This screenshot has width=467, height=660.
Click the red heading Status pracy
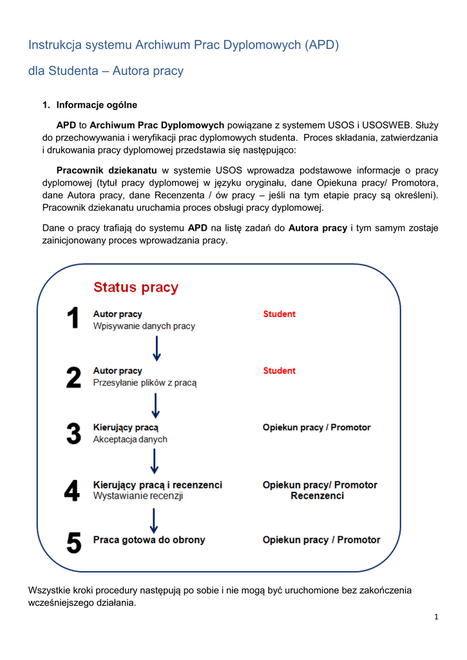136,287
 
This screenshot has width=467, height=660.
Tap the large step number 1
74,320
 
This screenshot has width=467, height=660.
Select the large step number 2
74,377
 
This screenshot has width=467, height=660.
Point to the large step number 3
74,433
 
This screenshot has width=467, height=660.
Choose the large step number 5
74,541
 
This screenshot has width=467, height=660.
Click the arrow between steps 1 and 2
157,348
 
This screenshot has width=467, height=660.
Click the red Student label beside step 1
279,314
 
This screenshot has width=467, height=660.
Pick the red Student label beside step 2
279,371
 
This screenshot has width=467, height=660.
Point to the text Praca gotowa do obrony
149,540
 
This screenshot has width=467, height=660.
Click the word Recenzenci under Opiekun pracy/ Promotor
317,496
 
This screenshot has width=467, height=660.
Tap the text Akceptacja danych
130,440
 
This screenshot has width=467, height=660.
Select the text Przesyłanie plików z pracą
144,383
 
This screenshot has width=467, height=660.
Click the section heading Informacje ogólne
97,105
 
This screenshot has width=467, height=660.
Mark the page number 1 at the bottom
436,617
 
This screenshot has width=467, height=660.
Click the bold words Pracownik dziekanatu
106,171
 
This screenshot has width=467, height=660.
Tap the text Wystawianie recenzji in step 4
138,496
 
